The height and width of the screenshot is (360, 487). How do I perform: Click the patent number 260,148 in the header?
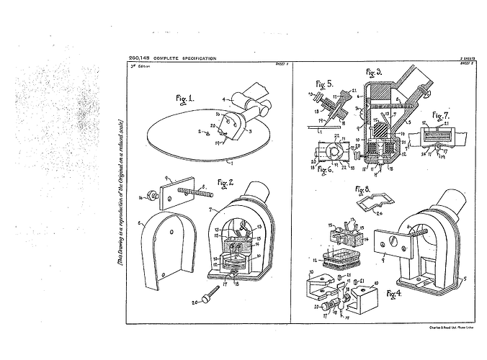[138, 58]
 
